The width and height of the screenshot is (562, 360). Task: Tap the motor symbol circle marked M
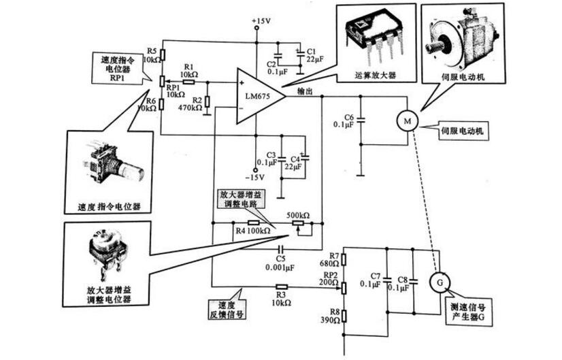click(407, 120)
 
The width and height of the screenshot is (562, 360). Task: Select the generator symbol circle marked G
click(438, 280)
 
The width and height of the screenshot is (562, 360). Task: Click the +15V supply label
click(260, 22)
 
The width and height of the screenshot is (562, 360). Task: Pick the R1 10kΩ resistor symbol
click(188, 82)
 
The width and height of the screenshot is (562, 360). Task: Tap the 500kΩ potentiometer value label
click(297, 216)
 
